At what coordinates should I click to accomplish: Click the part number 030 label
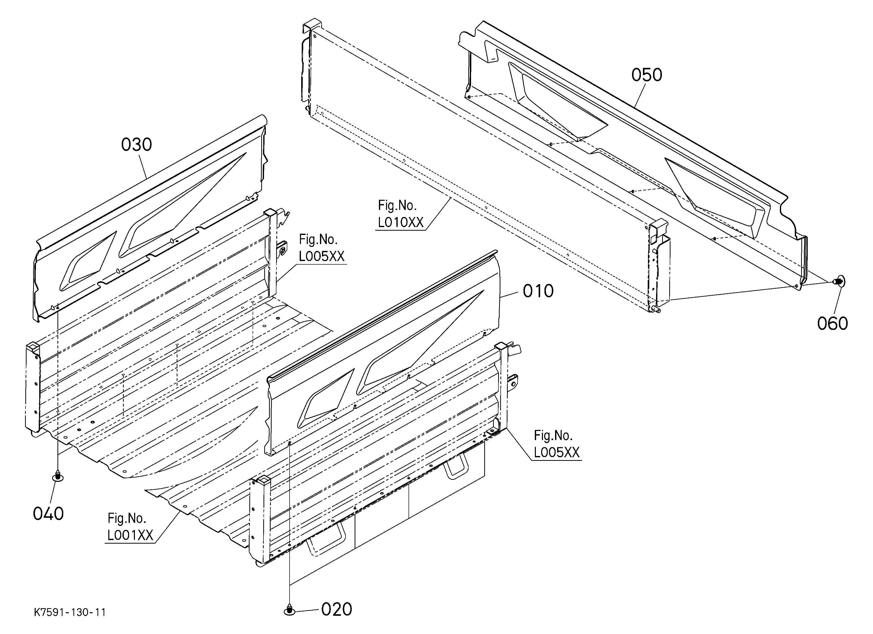136,145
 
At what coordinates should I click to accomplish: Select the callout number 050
647,75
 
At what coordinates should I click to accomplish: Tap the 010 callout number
538,291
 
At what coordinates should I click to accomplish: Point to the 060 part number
833,324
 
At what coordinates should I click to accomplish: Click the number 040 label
48,514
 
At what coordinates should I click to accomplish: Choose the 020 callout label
336,609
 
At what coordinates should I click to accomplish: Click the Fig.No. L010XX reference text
400,214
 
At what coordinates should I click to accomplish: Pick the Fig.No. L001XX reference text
130,527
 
